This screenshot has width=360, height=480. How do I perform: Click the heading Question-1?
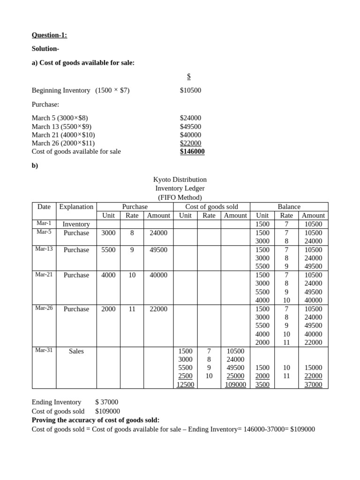[x=49, y=35]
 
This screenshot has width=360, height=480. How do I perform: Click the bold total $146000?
[x=192, y=151]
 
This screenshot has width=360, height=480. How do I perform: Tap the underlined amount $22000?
[x=190, y=143]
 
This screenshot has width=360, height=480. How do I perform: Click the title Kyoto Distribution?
[x=180, y=180]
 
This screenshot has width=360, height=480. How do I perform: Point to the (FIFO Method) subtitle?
[x=180, y=197]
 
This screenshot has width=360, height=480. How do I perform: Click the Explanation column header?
[x=76, y=207]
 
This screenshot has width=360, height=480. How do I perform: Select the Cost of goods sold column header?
[x=211, y=207]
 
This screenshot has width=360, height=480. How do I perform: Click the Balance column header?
[x=289, y=207]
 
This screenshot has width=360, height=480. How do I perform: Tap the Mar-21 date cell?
[x=44, y=275]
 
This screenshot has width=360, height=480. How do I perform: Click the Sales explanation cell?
[x=76, y=351]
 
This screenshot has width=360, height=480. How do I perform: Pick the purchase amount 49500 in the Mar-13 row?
[x=158, y=250]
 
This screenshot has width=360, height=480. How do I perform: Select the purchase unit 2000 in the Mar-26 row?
[x=108, y=309]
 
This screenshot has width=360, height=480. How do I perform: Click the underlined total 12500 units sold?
[x=184, y=384]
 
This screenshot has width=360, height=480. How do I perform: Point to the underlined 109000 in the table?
[x=235, y=384]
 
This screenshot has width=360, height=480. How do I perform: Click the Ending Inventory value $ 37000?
[x=106, y=402]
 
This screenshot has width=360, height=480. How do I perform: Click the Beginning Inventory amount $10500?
[x=190, y=90]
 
